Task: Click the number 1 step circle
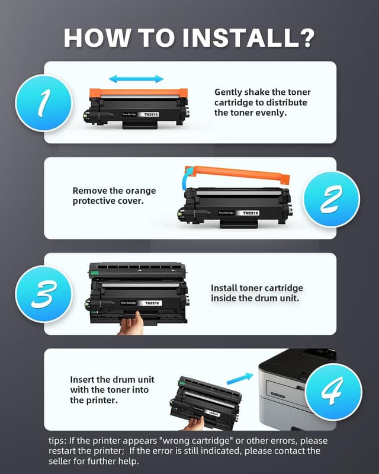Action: (x=43, y=103)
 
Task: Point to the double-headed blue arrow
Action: (x=136, y=79)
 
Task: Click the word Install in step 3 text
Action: (x=224, y=288)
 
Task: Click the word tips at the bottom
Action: (x=59, y=441)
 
